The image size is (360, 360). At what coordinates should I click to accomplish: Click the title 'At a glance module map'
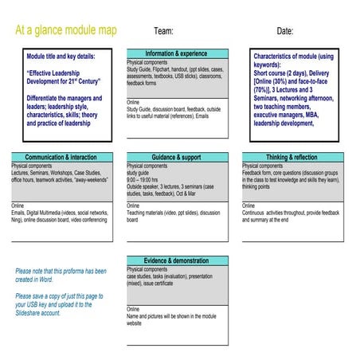[66, 30]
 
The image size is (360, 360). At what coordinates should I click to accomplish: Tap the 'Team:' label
[163, 31]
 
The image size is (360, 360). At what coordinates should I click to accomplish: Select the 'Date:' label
[284, 31]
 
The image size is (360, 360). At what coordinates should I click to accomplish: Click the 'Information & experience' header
[176, 53]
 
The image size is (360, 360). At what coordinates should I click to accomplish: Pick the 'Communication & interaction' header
[61, 157]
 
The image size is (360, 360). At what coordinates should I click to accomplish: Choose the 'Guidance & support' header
[176, 157]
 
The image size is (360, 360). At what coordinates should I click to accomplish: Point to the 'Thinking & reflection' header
[292, 157]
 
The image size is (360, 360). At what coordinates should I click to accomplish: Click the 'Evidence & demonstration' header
[176, 261]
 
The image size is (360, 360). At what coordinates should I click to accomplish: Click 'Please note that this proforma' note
[61, 276]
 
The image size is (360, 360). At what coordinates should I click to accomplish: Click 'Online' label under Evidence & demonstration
[133, 309]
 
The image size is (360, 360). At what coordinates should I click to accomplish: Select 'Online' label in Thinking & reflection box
[249, 205]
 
